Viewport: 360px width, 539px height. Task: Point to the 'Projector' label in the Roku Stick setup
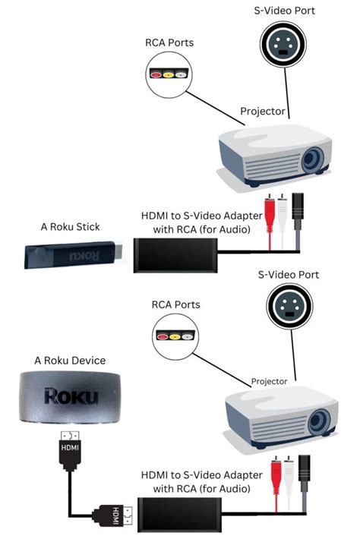click(264, 112)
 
